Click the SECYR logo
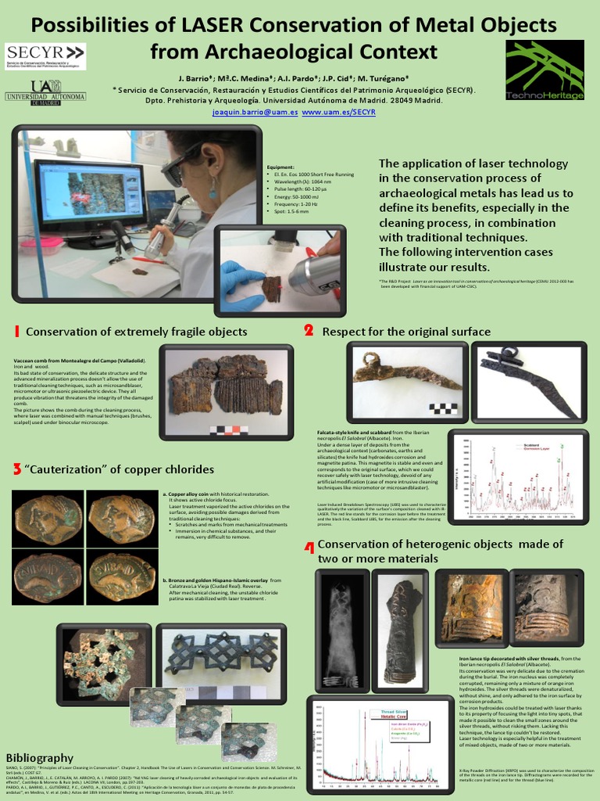pyautogui.click(x=45, y=56)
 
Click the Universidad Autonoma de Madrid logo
pyautogui.click(x=45, y=92)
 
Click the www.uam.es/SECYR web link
pyautogui.click(x=339, y=113)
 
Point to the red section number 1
pyautogui.click(x=16, y=332)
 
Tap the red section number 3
pyautogui.click(x=16, y=469)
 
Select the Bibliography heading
pyautogui.click(x=39, y=758)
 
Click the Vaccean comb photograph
pyautogui.click(x=227, y=383)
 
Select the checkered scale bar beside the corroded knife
pyautogui.click(x=444, y=409)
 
